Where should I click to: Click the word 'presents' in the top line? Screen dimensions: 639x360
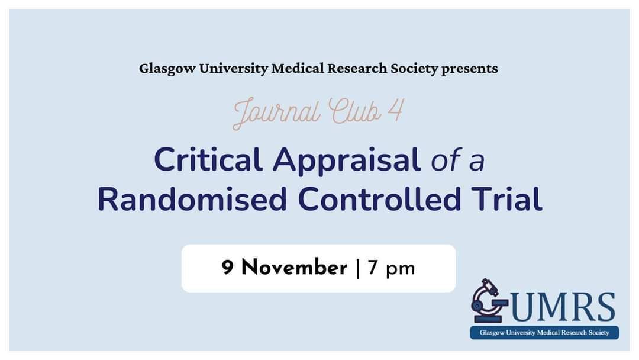(469, 69)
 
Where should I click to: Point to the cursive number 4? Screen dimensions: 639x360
(395, 110)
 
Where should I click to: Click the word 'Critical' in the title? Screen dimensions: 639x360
(208, 160)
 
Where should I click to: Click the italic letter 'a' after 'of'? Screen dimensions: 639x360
(477, 163)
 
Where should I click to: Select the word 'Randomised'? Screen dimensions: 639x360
(192, 199)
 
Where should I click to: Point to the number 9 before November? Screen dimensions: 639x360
(227, 268)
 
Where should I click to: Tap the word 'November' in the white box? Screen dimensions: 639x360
(294, 268)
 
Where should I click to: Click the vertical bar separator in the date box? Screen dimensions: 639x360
(358, 268)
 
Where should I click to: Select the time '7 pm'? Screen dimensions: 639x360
(392, 269)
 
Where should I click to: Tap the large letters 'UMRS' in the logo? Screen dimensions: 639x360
(563, 307)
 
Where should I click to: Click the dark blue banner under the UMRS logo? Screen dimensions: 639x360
(544, 333)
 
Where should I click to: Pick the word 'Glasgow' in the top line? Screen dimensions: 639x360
(167, 69)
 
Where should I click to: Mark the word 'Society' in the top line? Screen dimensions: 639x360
(414, 69)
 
